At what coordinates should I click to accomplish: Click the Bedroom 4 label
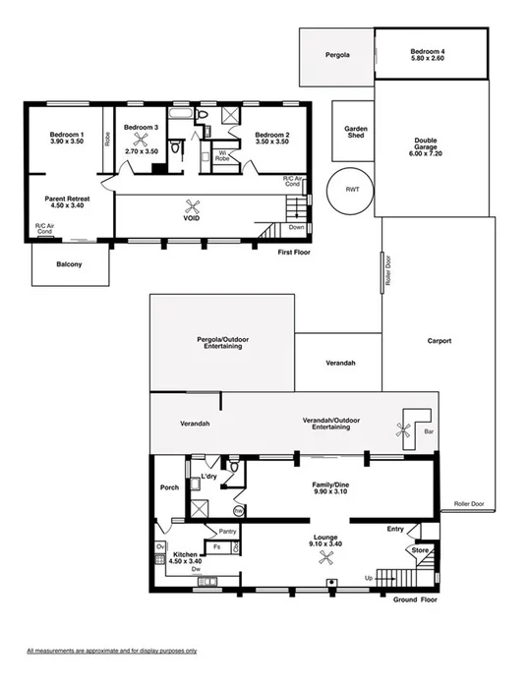tap(430, 51)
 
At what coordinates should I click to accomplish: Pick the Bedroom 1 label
tap(68, 137)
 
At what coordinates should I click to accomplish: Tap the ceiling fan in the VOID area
tap(196, 205)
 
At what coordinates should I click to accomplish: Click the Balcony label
tap(68, 265)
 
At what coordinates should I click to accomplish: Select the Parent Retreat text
tap(68, 201)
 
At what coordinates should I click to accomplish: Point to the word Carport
tap(439, 341)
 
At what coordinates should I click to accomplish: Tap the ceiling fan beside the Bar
tap(401, 427)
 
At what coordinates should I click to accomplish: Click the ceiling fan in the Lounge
tap(324, 557)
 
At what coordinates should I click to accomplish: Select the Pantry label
tap(227, 532)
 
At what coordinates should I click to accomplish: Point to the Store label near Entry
tap(420, 550)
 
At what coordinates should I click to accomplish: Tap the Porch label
tap(168, 487)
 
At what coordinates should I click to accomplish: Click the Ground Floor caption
tap(415, 598)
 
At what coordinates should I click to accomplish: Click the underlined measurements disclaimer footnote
tap(111, 651)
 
